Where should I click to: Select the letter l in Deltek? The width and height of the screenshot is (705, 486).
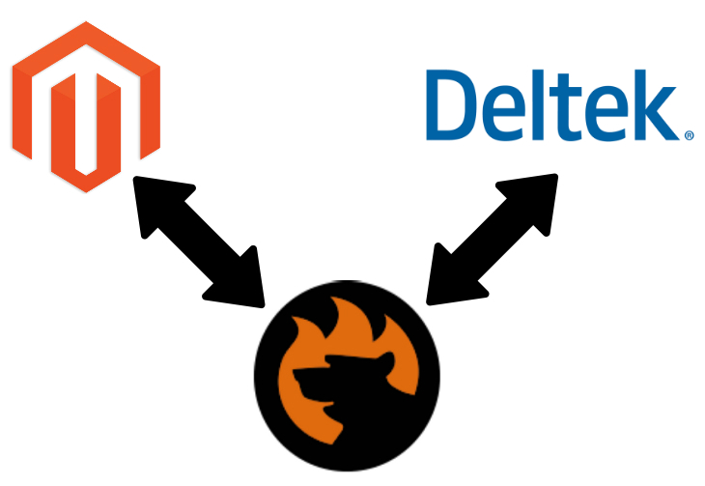(539, 101)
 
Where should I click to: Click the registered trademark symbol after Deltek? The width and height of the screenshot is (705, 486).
(689, 136)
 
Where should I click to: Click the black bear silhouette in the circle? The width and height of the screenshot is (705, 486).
(328, 406)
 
